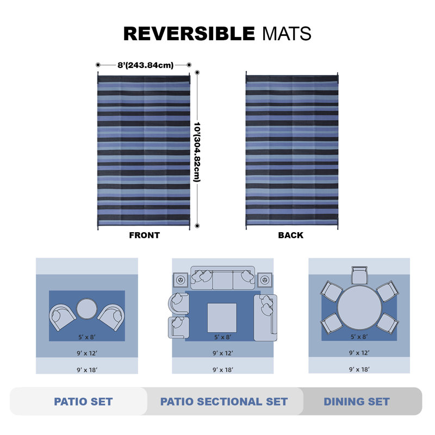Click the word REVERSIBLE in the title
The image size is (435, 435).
point(189,34)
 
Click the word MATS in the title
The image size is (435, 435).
point(287,34)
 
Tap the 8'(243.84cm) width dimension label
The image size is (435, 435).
point(145,65)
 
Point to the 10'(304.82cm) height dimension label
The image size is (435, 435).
point(197,152)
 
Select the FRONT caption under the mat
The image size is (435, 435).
point(144,235)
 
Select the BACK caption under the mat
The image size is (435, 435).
point(290,235)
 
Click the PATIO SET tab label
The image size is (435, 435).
point(83,401)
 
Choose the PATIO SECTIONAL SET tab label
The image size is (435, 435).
point(224,401)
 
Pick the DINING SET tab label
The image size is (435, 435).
point(357,401)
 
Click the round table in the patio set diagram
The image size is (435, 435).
point(87,309)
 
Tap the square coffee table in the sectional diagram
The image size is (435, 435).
point(222,318)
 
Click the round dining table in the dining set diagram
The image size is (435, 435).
point(359,308)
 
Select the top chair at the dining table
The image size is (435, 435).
point(359,275)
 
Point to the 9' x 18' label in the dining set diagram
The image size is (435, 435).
point(359,370)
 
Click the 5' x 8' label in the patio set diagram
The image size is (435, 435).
point(87,337)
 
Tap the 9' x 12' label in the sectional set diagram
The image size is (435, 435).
point(223,353)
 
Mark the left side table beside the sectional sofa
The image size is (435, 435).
point(181,280)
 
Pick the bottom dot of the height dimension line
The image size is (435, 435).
point(197,226)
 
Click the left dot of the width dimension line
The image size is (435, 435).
point(98,65)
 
